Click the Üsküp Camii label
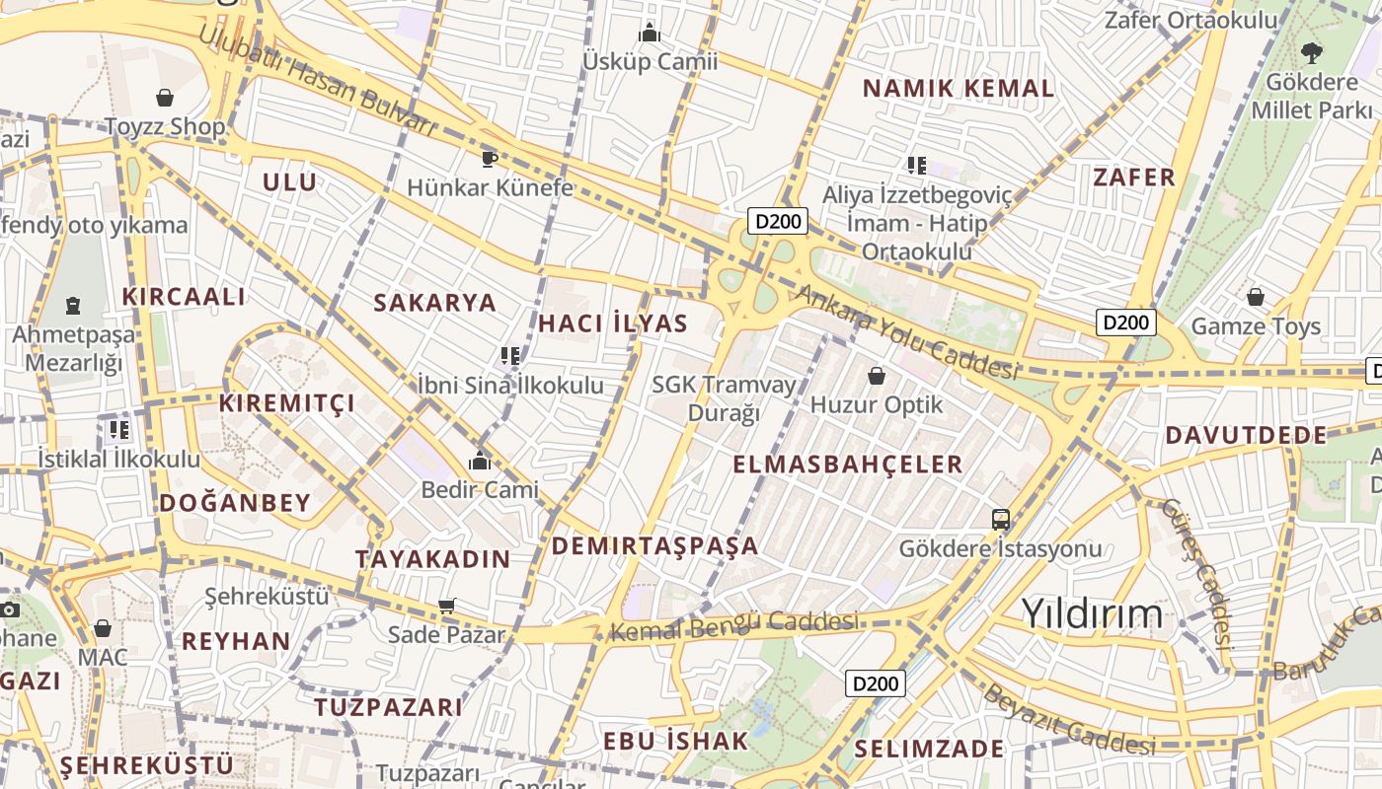coord(650,61)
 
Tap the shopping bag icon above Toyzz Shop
coord(165,98)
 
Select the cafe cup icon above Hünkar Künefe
coord(489,158)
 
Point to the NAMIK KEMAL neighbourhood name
coord(959,88)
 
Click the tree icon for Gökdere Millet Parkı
coord(1311,53)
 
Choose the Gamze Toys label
coord(1256,325)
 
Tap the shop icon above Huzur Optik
coord(876,376)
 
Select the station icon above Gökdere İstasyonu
coord(1000,519)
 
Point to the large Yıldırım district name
coord(1092,613)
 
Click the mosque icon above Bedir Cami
coord(480,461)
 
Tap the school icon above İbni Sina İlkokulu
coord(509,355)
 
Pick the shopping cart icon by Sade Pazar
coord(447,606)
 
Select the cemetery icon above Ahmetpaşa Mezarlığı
coord(73,306)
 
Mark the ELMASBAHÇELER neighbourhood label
coord(848,465)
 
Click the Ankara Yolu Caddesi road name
coord(906,331)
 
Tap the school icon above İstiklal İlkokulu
coord(118,429)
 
